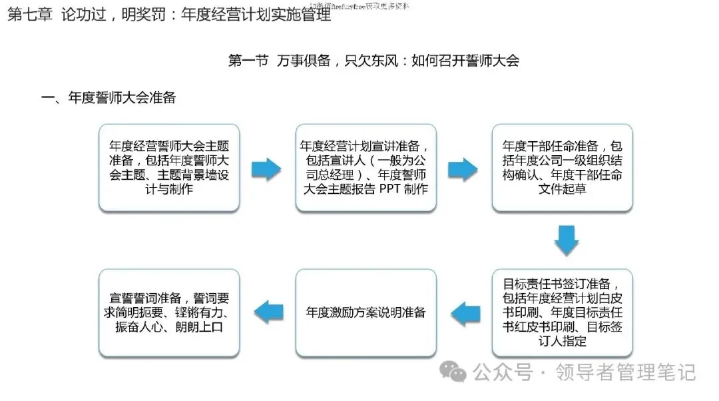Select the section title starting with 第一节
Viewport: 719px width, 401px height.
point(373,61)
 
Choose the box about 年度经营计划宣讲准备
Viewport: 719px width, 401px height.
point(365,168)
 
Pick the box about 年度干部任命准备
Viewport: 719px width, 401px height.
point(562,168)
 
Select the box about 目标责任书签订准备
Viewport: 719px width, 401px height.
point(562,312)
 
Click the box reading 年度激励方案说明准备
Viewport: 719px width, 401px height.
point(365,312)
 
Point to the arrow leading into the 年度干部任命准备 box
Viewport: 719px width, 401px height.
point(463,169)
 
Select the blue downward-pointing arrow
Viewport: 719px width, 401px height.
point(566,240)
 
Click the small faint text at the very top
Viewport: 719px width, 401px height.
point(359,5)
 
